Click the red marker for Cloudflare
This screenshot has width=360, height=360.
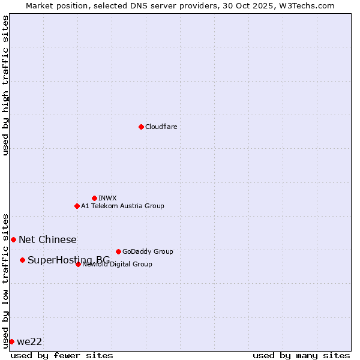tap(141, 127)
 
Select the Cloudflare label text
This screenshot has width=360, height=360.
tap(161, 127)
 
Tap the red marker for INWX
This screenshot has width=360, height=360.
tap(94, 198)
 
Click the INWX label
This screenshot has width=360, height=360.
tap(107, 198)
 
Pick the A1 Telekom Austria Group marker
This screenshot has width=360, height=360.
tap(77, 206)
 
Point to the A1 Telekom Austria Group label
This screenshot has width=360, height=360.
tap(122, 206)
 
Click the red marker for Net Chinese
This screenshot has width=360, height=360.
tap(13, 239)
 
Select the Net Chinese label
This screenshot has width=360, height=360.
tap(47, 239)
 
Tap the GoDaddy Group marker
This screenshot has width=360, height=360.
tap(118, 251)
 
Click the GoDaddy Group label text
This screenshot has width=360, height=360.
tap(148, 251)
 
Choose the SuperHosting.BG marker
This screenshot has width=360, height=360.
tap(22, 260)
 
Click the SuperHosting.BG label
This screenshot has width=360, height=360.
tap(68, 260)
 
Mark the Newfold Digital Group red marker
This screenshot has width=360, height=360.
tap(78, 264)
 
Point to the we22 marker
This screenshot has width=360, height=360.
tap(11, 341)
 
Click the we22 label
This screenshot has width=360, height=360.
tap(29, 341)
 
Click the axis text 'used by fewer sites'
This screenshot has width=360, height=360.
tap(62, 355)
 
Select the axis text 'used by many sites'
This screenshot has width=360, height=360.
tap(301, 355)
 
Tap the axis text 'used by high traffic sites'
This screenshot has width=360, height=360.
tap(5, 85)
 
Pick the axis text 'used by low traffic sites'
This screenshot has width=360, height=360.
tap(5, 280)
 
